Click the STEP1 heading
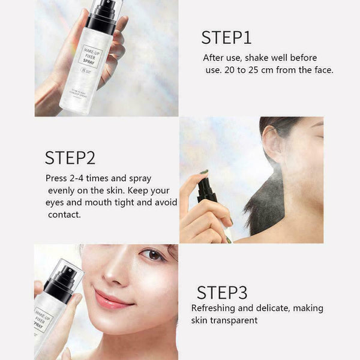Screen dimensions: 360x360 pos(226,37)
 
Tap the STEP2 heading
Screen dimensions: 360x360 pos(70,158)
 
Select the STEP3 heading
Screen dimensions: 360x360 pos(222,293)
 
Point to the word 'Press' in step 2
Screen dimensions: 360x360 pos(57,178)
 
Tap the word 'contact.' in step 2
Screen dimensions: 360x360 pos(64,214)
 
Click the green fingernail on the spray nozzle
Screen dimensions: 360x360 pos(204,172)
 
